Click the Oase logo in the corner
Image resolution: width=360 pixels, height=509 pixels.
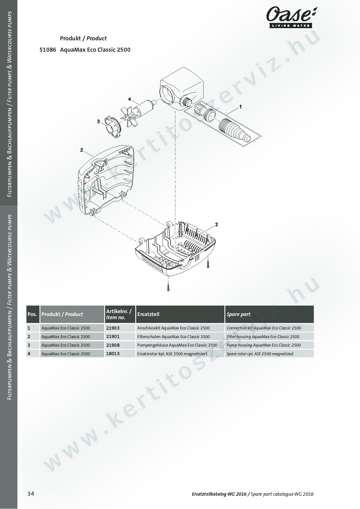[x=291, y=17]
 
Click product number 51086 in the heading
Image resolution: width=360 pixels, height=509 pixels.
[x=48, y=50]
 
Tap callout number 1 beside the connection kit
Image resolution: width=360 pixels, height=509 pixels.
[x=240, y=107]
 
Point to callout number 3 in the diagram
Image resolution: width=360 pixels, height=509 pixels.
[x=98, y=121]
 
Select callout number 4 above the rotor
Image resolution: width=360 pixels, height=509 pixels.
[x=130, y=99]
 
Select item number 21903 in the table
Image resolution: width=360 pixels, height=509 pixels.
[x=113, y=328]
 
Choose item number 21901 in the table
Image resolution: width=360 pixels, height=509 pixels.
[x=113, y=337]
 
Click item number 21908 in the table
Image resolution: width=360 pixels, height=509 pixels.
[x=113, y=345]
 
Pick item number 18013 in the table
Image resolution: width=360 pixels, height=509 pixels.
[x=113, y=354]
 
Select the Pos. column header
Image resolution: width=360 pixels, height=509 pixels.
[x=33, y=314]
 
